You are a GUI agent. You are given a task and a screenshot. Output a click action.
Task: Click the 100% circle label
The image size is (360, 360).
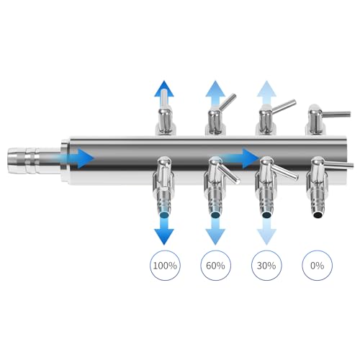(x=165, y=266)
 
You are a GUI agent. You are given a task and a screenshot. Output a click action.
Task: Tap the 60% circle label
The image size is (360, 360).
(x=215, y=266)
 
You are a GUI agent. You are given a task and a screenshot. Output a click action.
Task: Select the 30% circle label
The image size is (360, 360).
(x=266, y=266)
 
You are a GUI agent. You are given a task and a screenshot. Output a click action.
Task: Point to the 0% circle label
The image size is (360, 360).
(x=317, y=266)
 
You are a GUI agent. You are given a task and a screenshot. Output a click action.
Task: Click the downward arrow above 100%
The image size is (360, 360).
(x=164, y=230)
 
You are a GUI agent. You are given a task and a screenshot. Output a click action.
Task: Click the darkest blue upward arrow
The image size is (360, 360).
(x=164, y=92)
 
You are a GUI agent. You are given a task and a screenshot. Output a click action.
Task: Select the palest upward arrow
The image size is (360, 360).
(x=266, y=92)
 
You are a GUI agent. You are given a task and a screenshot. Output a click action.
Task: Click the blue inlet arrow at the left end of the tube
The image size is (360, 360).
(x=77, y=158)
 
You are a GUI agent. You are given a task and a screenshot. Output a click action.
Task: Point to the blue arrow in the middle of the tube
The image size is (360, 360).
(x=240, y=158)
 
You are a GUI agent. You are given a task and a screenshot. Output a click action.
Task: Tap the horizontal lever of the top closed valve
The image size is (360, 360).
(x=336, y=114)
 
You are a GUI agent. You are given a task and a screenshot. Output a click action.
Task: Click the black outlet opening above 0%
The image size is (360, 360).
(x=318, y=215)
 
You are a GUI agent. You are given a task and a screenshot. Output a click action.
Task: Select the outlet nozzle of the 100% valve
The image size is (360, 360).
(x=164, y=202)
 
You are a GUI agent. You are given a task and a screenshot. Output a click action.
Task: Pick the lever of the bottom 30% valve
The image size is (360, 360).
(x=284, y=172)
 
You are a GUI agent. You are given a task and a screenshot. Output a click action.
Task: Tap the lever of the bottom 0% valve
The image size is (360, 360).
(x=338, y=164)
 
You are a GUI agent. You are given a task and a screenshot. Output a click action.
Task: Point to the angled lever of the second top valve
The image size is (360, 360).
(x=227, y=102)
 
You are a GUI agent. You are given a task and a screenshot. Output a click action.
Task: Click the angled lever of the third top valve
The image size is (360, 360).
(x=283, y=107)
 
